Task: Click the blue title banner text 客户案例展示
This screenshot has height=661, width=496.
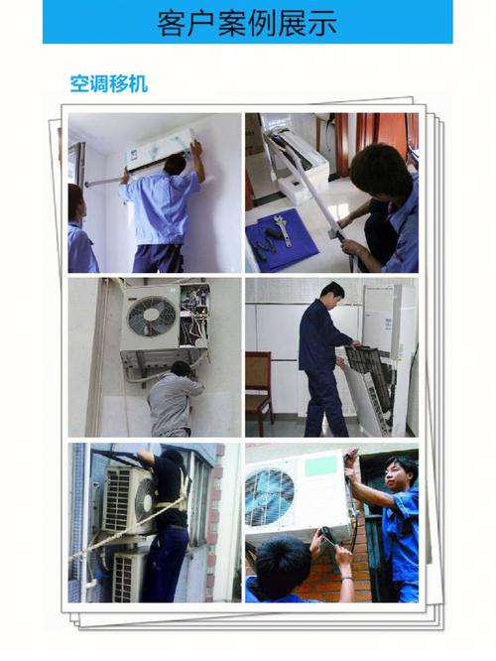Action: [247, 22]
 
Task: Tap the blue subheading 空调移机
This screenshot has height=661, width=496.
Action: [108, 83]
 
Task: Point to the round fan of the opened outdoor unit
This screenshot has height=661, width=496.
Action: [151, 317]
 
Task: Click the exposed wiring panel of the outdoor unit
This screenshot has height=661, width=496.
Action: [194, 315]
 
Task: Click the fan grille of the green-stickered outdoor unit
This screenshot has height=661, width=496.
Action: [270, 494]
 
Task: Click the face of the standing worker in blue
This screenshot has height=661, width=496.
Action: [399, 473]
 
